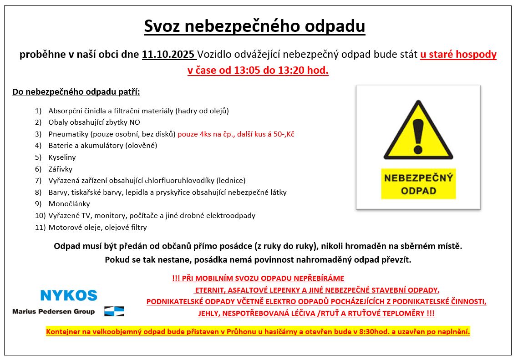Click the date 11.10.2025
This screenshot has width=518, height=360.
pos(168,55)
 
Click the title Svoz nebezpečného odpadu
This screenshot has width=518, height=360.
pos(254,26)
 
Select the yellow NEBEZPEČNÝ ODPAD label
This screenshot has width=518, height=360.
pos(418,184)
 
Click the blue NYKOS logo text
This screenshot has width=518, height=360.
pos(68,295)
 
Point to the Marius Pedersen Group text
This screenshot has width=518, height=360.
pos(54,312)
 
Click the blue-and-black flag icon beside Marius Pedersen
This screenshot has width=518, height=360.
pos(114,311)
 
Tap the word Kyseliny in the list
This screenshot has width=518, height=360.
pos(62,157)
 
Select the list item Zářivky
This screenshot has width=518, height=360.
pos(60,169)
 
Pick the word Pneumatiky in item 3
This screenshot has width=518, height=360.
pos(68,134)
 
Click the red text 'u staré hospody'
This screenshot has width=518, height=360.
pos(458,55)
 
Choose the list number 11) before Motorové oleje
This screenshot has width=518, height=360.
pos(40,228)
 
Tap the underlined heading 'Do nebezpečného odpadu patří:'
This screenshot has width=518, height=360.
pos(76,92)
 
